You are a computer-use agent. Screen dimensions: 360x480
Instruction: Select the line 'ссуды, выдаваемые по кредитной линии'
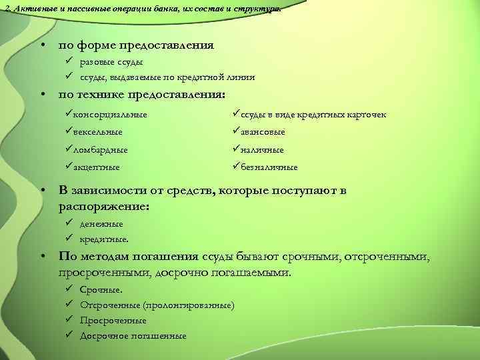(x=167, y=77)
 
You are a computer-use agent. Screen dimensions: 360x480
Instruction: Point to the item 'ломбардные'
(x=102, y=150)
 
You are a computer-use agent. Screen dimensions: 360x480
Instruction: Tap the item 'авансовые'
(x=266, y=132)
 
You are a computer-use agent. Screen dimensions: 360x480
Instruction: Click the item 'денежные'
(x=101, y=224)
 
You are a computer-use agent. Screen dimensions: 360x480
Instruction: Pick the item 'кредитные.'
(x=104, y=238)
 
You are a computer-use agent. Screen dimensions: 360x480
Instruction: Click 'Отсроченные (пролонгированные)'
(x=157, y=305)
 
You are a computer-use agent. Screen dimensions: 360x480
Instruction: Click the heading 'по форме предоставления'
(x=136, y=46)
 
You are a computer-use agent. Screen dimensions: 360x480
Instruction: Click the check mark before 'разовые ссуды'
(x=69, y=62)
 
